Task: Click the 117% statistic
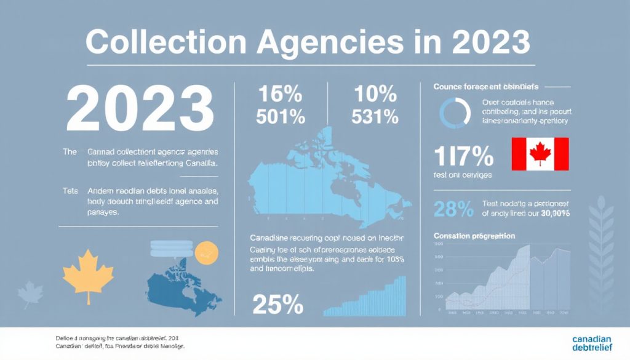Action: pos(464,157)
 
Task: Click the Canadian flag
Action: pos(540,154)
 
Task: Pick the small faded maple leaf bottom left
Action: pos(29,295)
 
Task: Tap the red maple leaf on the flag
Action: pos(540,153)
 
